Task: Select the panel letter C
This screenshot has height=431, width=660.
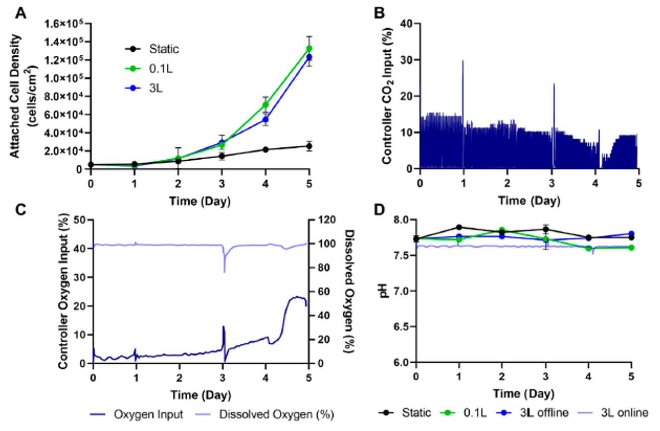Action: [x=20, y=209]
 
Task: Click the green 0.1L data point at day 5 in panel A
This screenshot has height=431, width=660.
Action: [x=309, y=48]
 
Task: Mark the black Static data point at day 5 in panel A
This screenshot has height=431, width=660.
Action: [x=309, y=146]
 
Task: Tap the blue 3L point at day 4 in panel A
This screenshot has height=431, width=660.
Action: [x=265, y=119]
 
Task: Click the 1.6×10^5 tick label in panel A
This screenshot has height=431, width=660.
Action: [x=64, y=23]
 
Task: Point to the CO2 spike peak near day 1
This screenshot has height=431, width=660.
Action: [x=463, y=61]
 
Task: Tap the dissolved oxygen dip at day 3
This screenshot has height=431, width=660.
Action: [x=224, y=271]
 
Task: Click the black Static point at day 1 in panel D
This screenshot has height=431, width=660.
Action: [x=459, y=227]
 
